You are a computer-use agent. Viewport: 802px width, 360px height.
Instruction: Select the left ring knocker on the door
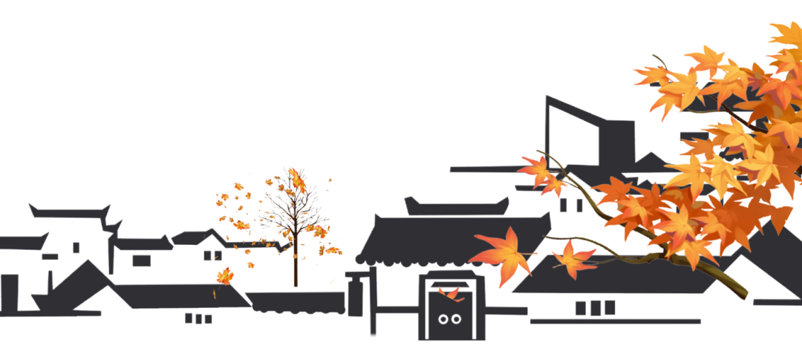tap(443, 319)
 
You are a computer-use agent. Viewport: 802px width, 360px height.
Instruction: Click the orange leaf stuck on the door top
tap(450, 292)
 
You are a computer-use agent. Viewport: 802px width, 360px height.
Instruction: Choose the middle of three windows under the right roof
tap(595, 307)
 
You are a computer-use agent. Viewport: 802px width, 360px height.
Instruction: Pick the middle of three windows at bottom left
tap(198, 318)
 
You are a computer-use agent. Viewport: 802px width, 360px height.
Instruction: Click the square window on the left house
tap(140, 261)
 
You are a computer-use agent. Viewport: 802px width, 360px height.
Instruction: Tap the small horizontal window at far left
tap(50, 257)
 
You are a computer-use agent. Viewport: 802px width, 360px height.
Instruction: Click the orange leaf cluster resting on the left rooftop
tap(224, 276)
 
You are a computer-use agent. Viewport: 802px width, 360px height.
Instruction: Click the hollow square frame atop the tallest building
tap(572, 134)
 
